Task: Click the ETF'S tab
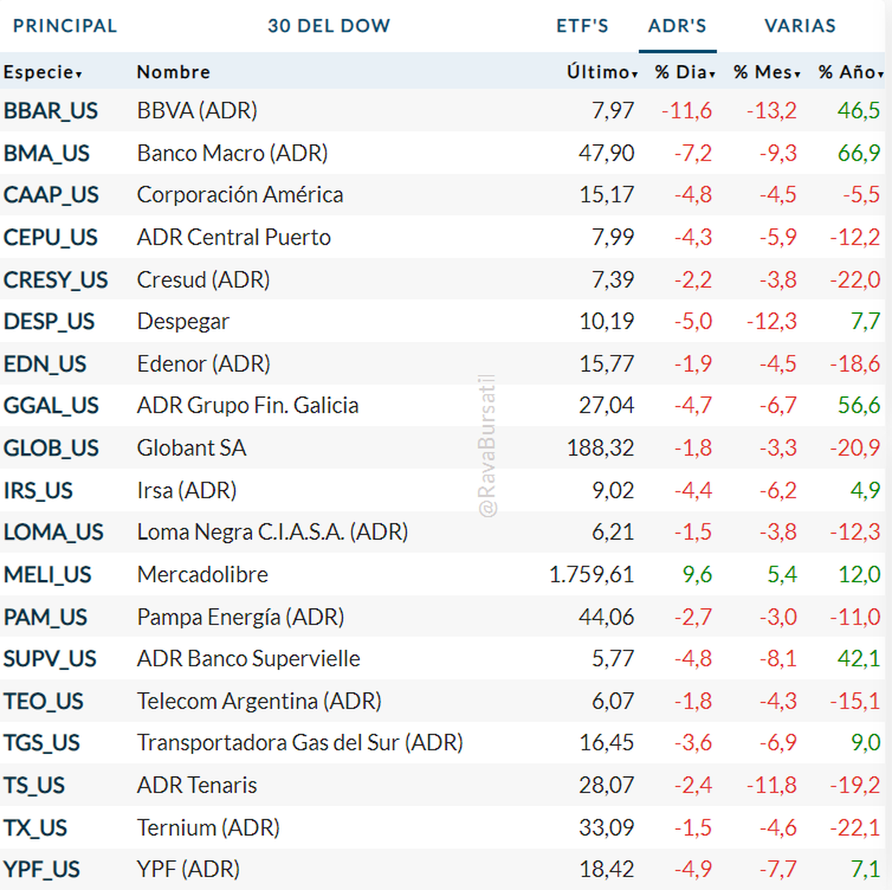582,26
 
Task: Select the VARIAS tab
800,26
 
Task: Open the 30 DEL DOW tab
329,26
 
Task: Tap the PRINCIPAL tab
65,26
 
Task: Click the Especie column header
42,72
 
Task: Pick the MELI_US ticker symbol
48,575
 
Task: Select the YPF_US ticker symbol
42,869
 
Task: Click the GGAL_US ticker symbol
51,406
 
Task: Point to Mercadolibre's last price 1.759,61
591,575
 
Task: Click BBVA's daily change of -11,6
686,111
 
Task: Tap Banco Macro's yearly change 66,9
859,153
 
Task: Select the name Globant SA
191,448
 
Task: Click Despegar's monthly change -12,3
772,321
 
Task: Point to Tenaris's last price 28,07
606,785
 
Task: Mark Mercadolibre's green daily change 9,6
697,575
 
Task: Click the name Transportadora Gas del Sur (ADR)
300,743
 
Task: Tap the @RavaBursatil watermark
488,446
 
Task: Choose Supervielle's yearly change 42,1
859,659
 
